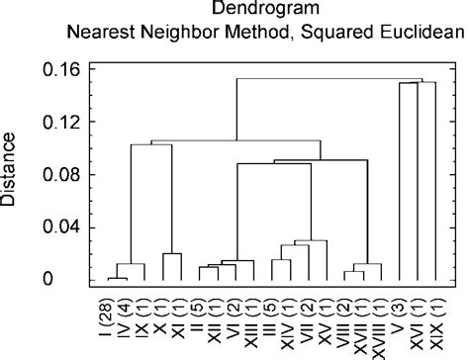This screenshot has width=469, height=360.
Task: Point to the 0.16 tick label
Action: coord(60,70)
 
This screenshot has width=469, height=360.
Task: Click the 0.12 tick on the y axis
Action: coord(60,123)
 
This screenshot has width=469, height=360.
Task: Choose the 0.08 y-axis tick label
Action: coord(60,176)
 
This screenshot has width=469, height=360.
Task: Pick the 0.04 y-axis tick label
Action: coord(60,228)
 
